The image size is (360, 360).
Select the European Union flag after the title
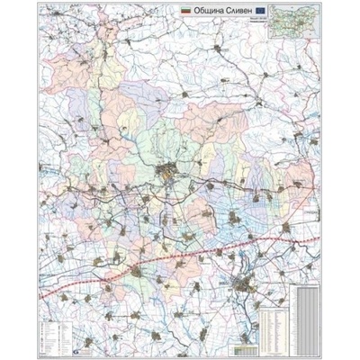click(x=260, y=10)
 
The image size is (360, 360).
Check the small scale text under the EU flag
click(x=260, y=17)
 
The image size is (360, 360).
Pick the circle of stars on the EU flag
click(x=260, y=10)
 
